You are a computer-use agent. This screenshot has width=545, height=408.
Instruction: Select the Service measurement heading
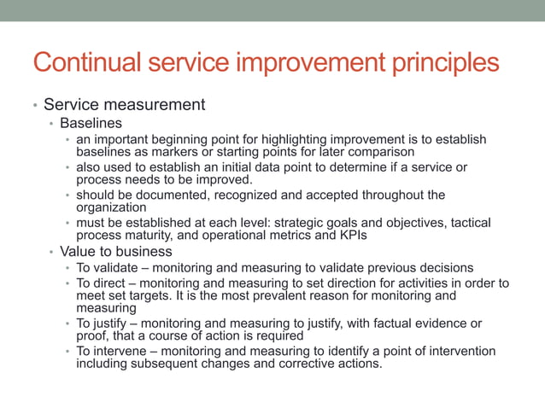(x=124, y=105)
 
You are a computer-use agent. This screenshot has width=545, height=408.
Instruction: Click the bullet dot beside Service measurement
(x=35, y=107)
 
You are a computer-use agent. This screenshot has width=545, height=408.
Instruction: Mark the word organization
(x=111, y=207)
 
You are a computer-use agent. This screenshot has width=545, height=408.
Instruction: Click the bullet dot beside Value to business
(x=51, y=253)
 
